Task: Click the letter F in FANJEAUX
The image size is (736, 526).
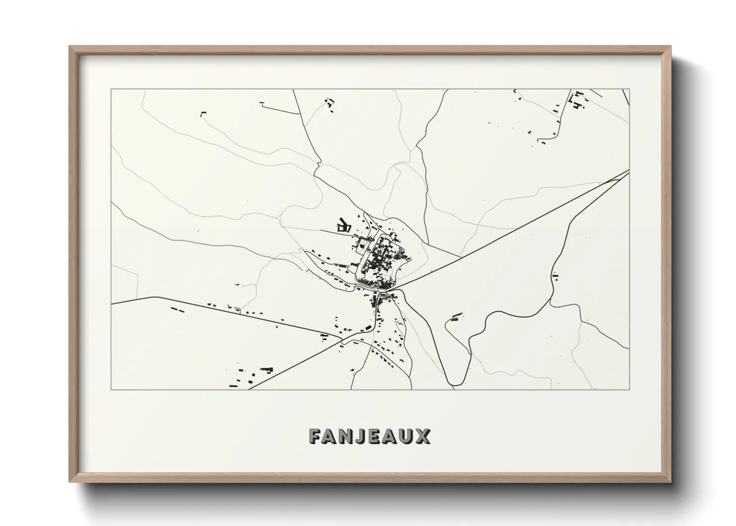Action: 316,436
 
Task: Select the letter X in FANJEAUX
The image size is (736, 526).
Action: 423,436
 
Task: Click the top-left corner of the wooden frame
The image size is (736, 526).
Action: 70,46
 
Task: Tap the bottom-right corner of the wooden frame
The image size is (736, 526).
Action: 671,482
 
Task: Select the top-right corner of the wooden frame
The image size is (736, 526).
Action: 671,46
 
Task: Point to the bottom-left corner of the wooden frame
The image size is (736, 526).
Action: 70,482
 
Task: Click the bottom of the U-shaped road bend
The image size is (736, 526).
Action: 457,384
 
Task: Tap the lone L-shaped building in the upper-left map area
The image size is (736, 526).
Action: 202,114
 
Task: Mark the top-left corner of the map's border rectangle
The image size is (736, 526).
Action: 111,89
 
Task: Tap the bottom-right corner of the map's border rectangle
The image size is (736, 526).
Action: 630,389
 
